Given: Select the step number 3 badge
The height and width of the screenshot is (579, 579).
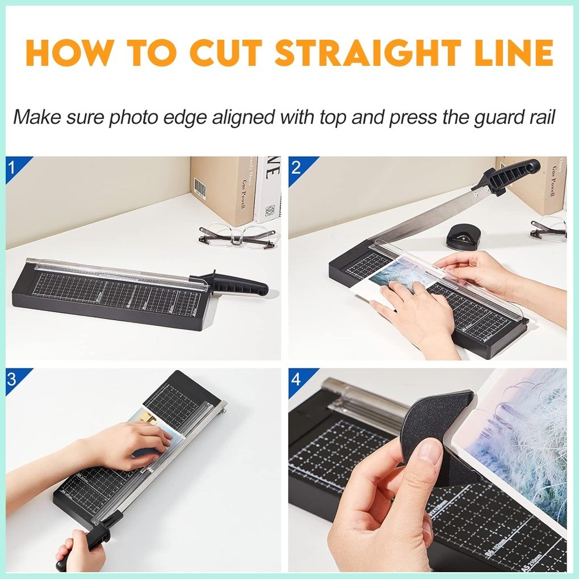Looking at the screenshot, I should (12, 379).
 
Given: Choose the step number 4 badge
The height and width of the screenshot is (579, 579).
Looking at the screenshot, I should (296, 379).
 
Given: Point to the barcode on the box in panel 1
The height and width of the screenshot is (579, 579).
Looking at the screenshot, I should (200, 188).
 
